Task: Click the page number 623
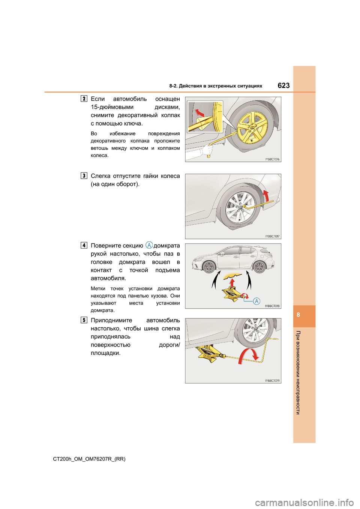pos(283,85)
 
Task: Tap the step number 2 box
pos(84,99)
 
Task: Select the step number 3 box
pos(84,176)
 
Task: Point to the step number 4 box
pos(84,246)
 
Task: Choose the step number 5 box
pos(84,320)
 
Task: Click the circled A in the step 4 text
pos(149,245)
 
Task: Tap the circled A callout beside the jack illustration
pos(256,301)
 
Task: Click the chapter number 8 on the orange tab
pos(298,315)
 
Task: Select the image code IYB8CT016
pos(272,159)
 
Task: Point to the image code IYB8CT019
pos(272,381)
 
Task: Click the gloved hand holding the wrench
pos(207,151)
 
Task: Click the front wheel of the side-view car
pos(208,267)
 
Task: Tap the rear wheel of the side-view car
pos(259,267)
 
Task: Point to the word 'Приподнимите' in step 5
pos(111,320)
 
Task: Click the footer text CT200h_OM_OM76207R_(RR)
pos(89,459)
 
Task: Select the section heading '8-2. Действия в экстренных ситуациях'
pos(216,86)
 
